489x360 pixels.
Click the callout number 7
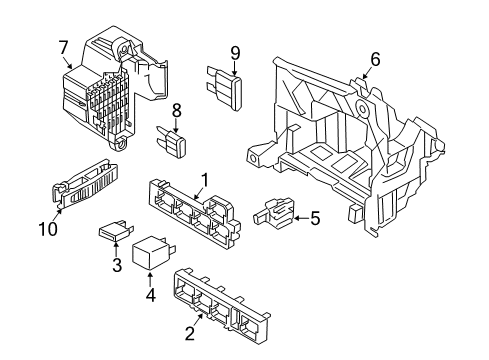(x=63, y=48)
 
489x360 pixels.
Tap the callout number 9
(x=235, y=53)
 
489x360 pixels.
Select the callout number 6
(x=375, y=60)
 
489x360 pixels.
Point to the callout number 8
(x=176, y=110)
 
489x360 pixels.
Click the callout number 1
(x=205, y=180)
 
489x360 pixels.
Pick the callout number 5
(x=315, y=218)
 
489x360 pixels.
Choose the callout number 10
(x=48, y=229)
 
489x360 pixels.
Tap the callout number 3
(x=117, y=265)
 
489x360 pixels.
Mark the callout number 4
(x=150, y=295)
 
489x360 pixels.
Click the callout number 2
(x=190, y=334)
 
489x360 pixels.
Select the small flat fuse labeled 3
(x=115, y=231)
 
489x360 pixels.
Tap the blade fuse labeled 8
(x=172, y=142)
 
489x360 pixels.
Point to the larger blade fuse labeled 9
(x=224, y=87)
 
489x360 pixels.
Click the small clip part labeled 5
(x=274, y=213)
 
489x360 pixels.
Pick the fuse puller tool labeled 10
(x=85, y=184)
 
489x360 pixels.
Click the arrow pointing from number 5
(x=302, y=218)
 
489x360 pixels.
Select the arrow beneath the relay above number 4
(x=150, y=279)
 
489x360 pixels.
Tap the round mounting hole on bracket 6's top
(x=362, y=108)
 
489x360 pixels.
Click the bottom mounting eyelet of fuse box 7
(x=120, y=145)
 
